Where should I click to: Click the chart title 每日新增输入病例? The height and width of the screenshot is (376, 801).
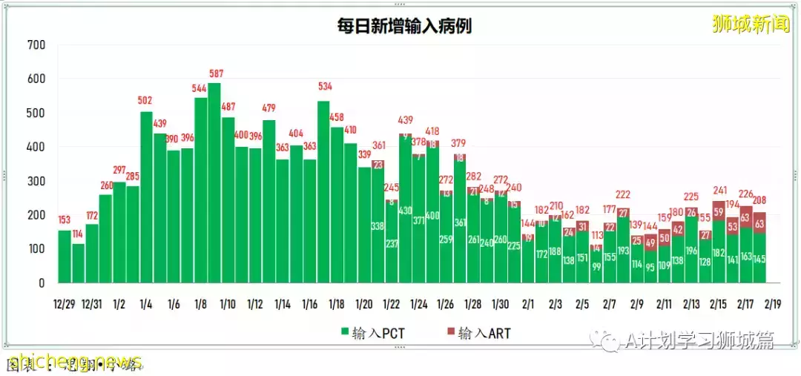pyautogui.click(x=403, y=27)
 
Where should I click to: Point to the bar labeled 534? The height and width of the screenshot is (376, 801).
pyautogui.click(x=323, y=192)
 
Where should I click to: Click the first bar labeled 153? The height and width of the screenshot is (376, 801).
pyautogui.click(x=65, y=257)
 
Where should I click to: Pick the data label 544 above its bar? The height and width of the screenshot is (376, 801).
pyautogui.click(x=200, y=88)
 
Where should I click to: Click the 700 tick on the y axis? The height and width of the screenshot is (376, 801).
pyautogui.click(x=36, y=45)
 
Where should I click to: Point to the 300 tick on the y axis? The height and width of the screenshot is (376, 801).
pyautogui.click(x=36, y=181)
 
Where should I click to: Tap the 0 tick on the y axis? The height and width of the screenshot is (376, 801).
pyautogui.click(x=42, y=283)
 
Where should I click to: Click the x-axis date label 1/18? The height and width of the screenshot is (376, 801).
pyautogui.click(x=336, y=304)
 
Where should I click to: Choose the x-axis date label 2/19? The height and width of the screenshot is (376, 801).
pyautogui.click(x=772, y=304)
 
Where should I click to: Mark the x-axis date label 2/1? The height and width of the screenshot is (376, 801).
pyautogui.click(x=528, y=304)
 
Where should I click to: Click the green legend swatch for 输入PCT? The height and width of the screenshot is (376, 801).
pyautogui.click(x=345, y=333)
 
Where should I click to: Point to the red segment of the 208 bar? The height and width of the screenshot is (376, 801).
pyautogui.click(x=759, y=222)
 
